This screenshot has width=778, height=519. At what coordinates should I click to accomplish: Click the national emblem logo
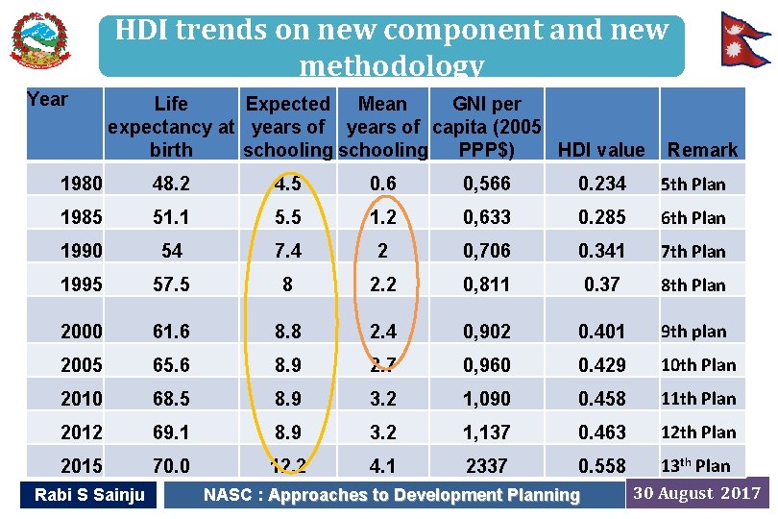tap(39, 40)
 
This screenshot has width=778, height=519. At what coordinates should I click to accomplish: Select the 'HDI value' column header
tap(601, 150)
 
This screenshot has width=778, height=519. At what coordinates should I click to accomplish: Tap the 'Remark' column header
tap(702, 150)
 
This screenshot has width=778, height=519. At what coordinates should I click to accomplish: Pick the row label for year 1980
tap(82, 184)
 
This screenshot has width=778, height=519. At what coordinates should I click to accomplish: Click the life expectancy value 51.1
tap(171, 217)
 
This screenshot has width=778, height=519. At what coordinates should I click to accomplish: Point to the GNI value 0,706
tap(486, 251)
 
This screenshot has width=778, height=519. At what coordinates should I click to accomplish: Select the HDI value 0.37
tap(601, 284)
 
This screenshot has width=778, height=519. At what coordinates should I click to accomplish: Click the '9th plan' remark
tap(692, 332)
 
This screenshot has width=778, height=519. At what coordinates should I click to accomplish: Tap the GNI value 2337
tap(486, 466)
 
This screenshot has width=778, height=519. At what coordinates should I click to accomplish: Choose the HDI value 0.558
tap(601, 466)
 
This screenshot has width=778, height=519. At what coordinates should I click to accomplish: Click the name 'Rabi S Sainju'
tap(89, 495)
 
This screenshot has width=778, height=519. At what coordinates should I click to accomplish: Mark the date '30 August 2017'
tap(697, 494)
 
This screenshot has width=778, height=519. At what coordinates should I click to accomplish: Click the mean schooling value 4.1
tap(381, 466)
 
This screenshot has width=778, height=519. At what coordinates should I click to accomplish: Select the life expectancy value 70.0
tap(171, 466)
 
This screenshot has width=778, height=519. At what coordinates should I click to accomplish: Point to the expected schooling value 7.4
tap(287, 251)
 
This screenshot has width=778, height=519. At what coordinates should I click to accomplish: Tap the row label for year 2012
tap(82, 432)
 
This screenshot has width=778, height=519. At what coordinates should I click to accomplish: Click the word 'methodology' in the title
tap(391, 65)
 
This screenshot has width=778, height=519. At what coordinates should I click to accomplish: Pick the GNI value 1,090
tap(486, 399)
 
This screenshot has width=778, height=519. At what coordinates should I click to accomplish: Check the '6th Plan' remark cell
tap(692, 218)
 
